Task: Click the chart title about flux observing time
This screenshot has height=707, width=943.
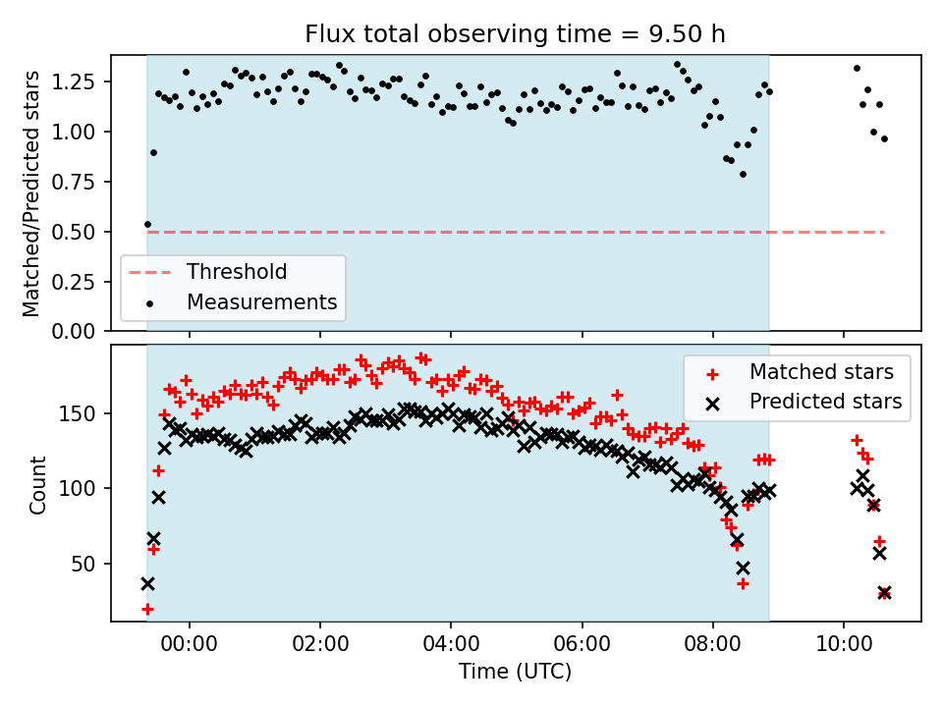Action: pyautogui.click(x=516, y=34)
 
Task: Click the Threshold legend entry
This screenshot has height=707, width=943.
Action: pyautogui.click(x=237, y=272)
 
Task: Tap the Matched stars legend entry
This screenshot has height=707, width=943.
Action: pyautogui.click(x=821, y=372)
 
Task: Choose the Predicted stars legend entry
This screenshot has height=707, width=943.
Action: pyautogui.click(x=825, y=401)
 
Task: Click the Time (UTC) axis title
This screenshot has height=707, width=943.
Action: pyautogui.click(x=516, y=673)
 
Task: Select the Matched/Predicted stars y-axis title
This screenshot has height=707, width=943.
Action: pyautogui.click(x=31, y=193)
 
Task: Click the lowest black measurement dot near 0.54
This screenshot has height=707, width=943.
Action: pyautogui.click(x=147, y=224)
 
